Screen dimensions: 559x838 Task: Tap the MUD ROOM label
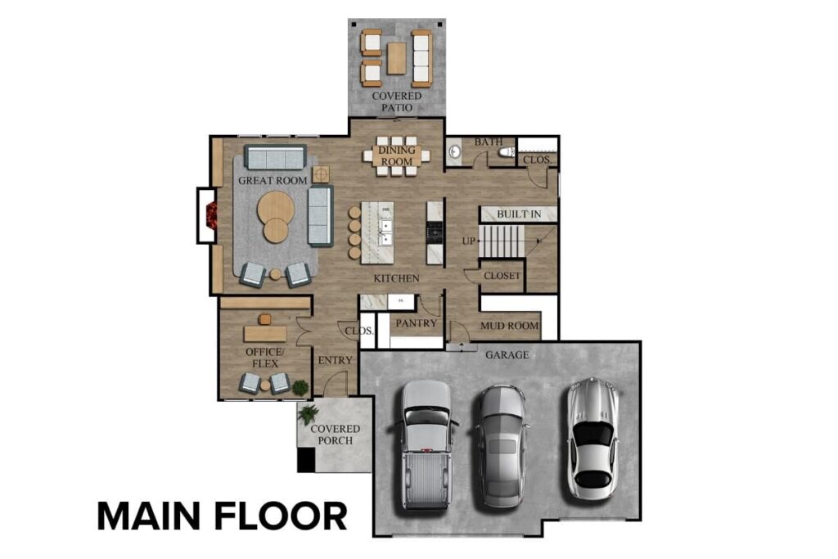pos(509,326)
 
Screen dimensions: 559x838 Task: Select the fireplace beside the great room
pos(210,215)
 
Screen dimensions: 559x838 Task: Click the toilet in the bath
pos(508,151)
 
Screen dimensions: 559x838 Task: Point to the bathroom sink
pos(455,151)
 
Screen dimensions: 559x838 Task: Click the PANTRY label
pos(415,323)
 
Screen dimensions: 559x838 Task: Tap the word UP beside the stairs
pos(469,241)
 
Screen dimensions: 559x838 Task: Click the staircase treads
pos(501,241)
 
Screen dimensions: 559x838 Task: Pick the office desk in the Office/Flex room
pos(265,333)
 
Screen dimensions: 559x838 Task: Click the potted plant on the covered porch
pos(309,413)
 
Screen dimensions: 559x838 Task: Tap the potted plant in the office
pos(300,386)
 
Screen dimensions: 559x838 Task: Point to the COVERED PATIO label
pos(397,101)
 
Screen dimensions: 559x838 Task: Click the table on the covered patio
pos(396,57)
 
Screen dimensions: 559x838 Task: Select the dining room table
pos(397,156)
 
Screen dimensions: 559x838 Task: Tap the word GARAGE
pos(507,355)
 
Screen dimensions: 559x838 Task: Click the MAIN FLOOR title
pos(222,516)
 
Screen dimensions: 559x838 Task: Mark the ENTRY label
pos(336,360)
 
